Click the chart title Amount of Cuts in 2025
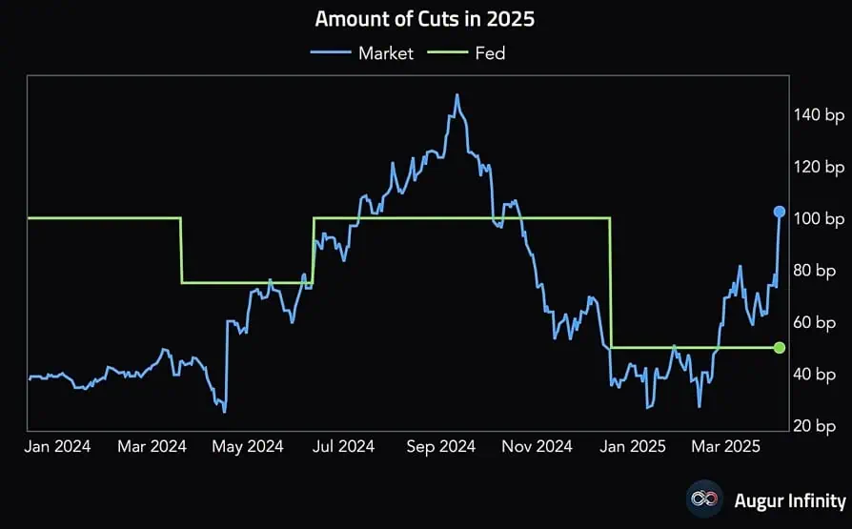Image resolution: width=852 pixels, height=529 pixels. click(x=424, y=19)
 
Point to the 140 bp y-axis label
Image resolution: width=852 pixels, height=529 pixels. click(x=819, y=115)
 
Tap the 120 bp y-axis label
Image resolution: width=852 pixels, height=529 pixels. click(x=819, y=168)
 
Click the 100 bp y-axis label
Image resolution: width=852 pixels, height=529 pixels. click(x=819, y=219)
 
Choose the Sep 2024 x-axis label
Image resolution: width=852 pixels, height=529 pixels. click(x=441, y=446)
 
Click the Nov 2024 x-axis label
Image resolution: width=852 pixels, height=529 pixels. click(x=538, y=446)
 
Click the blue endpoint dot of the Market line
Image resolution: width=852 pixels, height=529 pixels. click(x=780, y=212)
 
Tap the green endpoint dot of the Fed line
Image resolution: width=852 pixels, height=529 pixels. click(x=780, y=348)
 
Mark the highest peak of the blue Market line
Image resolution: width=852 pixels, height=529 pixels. click(x=457, y=95)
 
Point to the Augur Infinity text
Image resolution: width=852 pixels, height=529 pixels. click(x=789, y=500)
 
